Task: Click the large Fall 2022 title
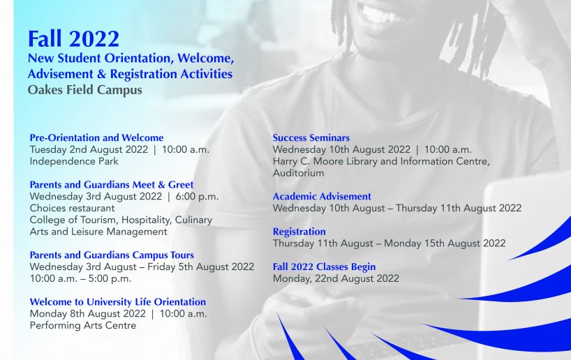click(73, 39)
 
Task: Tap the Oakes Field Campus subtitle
click(85, 90)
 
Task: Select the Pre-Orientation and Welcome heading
click(96, 137)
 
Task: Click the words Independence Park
click(74, 161)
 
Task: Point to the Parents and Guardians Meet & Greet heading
click(112, 185)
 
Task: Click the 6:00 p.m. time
click(197, 197)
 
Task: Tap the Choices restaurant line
click(72, 208)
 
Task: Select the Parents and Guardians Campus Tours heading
click(112, 255)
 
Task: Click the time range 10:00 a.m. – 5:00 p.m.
click(80, 278)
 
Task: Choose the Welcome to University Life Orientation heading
click(118, 302)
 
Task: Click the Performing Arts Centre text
click(83, 325)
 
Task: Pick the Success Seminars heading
click(311, 137)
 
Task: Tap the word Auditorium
click(298, 173)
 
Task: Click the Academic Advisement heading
click(322, 197)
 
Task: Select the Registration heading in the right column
click(299, 232)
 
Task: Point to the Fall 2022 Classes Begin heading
click(324, 267)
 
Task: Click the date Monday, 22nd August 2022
click(336, 278)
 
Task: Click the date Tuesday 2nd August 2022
click(89, 149)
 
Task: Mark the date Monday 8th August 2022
click(87, 314)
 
